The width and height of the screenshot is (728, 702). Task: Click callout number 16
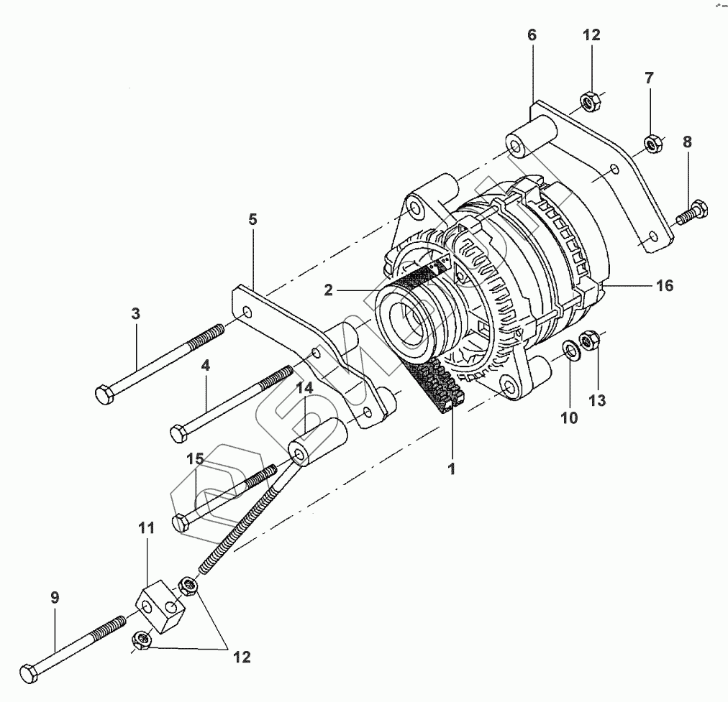(664, 286)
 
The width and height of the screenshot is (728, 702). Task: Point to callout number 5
(252, 220)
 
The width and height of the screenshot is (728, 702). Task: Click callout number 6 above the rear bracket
(532, 34)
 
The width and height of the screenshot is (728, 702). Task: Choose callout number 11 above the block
(147, 528)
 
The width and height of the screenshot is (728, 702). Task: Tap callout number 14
(305, 389)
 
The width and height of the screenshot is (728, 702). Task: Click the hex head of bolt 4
(177, 434)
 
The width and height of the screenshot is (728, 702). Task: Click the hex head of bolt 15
(180, 522)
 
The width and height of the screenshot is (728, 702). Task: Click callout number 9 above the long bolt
(55, 598)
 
